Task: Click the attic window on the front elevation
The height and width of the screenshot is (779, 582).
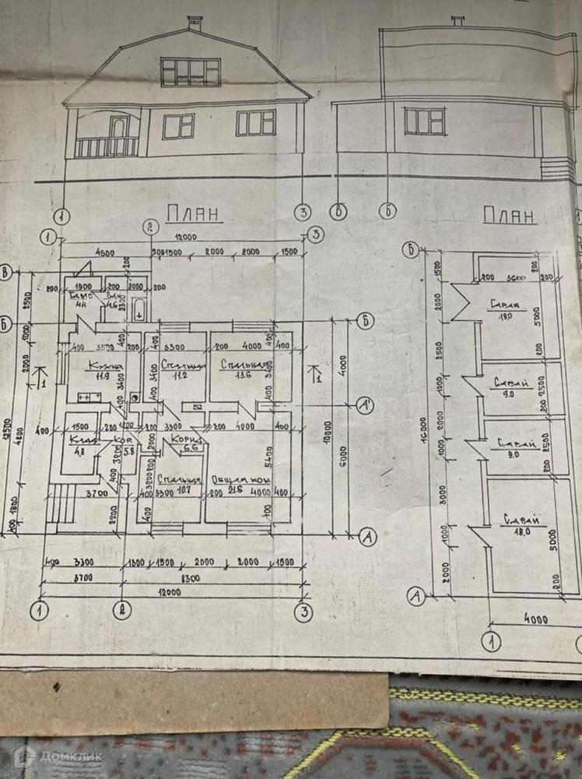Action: coord(191,72)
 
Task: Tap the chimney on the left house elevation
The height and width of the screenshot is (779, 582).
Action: coord(195,23)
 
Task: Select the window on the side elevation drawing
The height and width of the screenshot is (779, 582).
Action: coord(424,121)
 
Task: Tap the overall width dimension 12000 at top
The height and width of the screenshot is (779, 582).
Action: coord(184,238)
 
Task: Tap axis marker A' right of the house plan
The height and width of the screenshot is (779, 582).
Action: coord(363,404)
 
